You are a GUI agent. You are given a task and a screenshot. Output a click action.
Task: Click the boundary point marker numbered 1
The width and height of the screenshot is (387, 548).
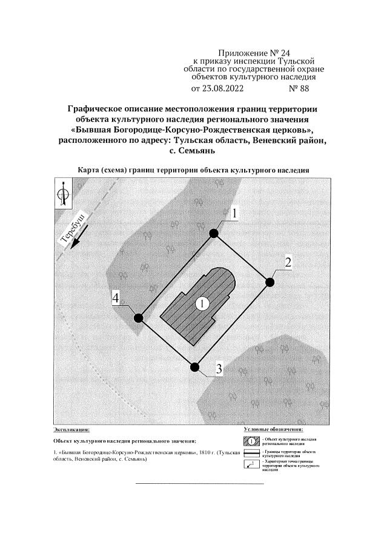coord(213,233)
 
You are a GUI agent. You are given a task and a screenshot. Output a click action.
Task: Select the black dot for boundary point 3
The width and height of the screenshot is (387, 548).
coord(194,366)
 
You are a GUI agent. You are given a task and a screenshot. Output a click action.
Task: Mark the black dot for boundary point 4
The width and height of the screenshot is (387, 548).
coord(138,317)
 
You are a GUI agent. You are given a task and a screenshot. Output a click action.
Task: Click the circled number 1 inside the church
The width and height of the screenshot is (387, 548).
coord(202,302)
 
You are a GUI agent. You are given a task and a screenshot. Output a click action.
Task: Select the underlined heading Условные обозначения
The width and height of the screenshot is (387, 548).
coord(273,429)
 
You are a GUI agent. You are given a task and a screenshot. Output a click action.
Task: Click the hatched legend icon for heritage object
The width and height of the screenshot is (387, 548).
coord(251,440)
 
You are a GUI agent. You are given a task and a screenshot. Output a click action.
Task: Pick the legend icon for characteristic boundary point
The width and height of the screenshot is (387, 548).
coord(251,464)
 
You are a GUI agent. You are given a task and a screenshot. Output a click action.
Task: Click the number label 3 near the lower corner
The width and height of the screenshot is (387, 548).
coord(219,369)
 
